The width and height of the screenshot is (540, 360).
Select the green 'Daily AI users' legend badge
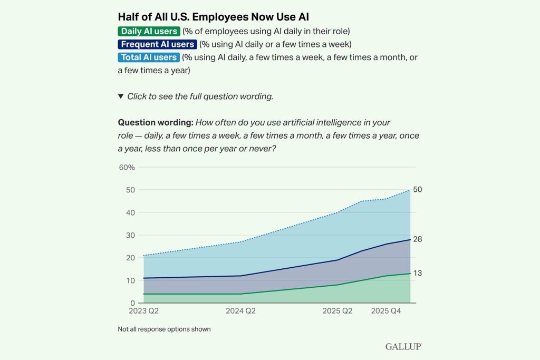tap(149, 31)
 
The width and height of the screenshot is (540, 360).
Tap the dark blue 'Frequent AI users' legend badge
tap(158, 44)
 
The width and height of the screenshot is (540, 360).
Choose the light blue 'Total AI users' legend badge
tap(149, 57)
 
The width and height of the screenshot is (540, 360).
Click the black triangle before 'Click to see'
tap(121, 96)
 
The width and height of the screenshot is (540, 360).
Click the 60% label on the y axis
tap(127, 168)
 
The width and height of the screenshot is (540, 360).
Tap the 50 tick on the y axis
tap(130, 190)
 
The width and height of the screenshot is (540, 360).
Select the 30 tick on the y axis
tap(130, 236)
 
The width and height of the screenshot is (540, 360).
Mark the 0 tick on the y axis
tap(132, 304)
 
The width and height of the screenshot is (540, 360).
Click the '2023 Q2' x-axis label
tap(143, 311)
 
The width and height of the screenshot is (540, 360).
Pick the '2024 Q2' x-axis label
tap(240, 311)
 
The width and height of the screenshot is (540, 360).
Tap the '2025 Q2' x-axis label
tap(337, 311)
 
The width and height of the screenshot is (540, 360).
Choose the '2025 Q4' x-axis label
tap(386, 311)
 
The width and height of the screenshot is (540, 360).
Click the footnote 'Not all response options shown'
tap(164, 329)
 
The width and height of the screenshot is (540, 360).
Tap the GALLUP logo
tap(403, 346)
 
